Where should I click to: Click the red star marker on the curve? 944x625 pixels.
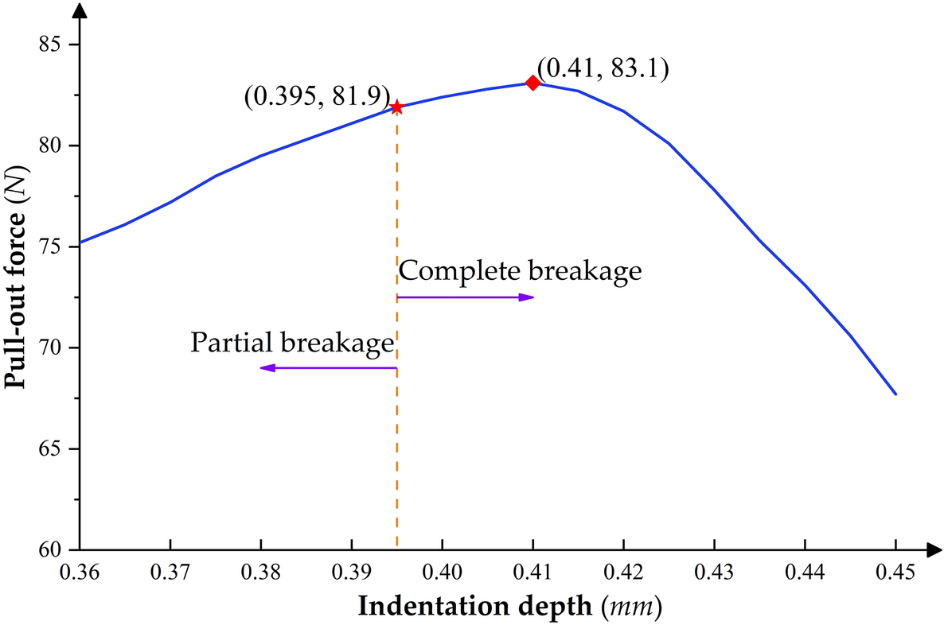[x=396, y=107]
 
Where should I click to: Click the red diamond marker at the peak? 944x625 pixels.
[x=532, y=83]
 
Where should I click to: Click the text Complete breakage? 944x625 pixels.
[x=520, y=271]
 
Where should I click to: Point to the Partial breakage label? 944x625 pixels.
[x=293, y=343]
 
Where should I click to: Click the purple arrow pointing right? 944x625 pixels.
[x=466, y=297]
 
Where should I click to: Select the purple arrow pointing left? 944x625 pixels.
[x=328, y=368]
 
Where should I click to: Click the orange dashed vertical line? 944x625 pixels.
[x=396, y=445]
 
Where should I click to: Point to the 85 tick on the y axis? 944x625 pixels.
[x=53, y=45]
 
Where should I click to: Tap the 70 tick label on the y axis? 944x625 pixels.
[x=53, y=348]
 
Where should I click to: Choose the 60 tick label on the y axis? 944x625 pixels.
[x=53, y=550]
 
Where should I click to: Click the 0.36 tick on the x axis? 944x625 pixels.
[x=80, y=571]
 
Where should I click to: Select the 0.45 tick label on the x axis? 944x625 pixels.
[x=895, y=571]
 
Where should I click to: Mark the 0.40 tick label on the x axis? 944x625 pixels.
[x=442, y=571]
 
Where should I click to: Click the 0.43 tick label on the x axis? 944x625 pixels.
[x=714, y=571]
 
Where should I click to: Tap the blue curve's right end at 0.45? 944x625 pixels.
[x=895, y=394]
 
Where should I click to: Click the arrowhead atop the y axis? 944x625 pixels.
[x=80, y=11]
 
